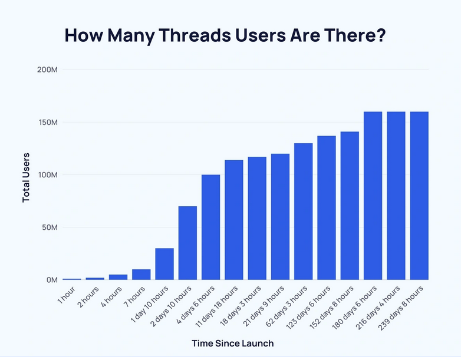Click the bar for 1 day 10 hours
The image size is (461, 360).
pyautogui.click(x=164, y=264)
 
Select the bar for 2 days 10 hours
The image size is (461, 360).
pyautogui.click(x=187, y=243)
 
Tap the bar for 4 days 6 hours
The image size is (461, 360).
pyautogui.click(x=211, y=227)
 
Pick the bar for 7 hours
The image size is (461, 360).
pyautogui.click(x=141, y=275)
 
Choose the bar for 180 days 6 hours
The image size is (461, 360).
pyautogui.click(x=373, y=196)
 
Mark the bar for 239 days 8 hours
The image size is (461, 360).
pyautogui.click(x=419, y=196)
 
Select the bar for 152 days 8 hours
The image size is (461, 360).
pyautogui.click(x=350, y=206)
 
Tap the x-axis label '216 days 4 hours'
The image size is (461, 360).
pyautogui.click(x=381, y=310)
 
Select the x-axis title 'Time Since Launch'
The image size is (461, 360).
pyautogui.click(x=233, y=343)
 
